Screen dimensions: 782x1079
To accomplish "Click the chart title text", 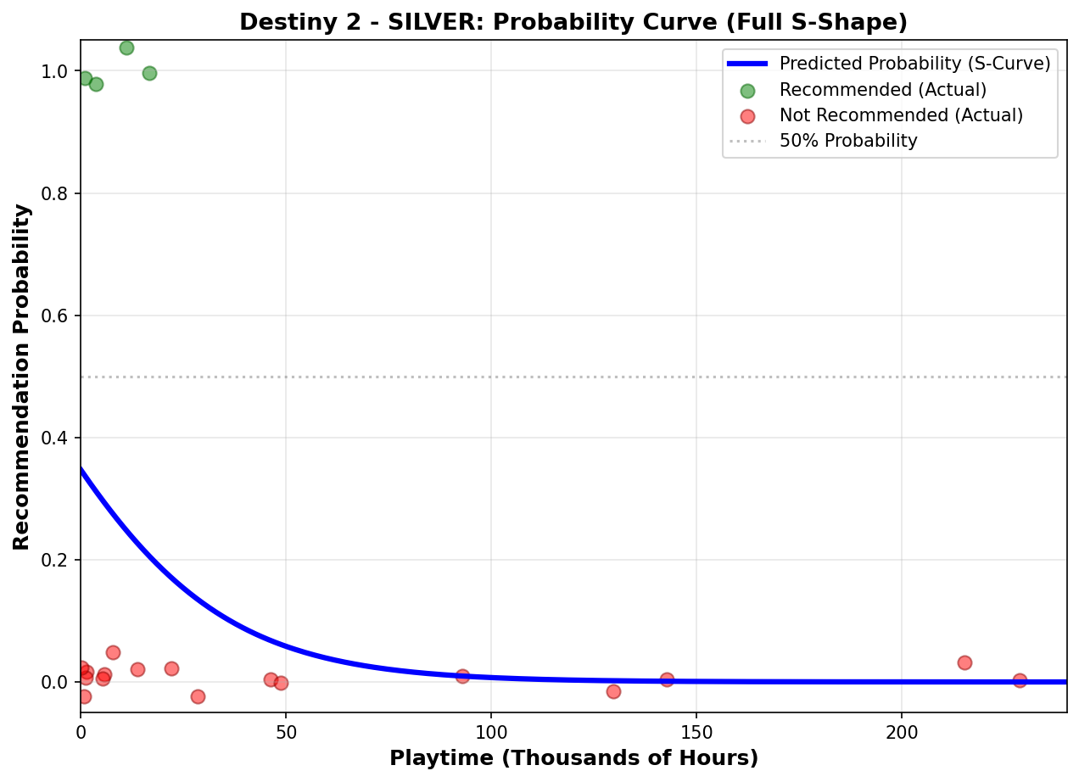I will click(573, 22).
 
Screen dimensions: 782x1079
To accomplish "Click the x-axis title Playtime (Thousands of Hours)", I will click(573, 758).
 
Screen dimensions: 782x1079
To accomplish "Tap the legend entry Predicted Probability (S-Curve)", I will click(914, 64).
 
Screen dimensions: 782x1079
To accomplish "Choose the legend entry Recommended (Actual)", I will click(882, 89).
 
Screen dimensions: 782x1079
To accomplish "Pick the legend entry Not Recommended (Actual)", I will click(901, 115).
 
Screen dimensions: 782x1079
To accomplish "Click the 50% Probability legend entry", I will click(848, 141).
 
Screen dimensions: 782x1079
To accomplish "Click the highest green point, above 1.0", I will click(126, 47).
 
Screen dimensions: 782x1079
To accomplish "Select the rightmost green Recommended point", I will click(149, 73).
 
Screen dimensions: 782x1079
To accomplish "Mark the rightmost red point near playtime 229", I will click(1020, 680).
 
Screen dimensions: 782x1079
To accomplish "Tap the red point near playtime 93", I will click(462, 676).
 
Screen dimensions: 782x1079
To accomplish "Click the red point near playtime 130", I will click(613, 691).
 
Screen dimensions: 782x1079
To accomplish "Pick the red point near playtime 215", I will click(964, 662).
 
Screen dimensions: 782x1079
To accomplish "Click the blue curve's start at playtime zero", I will click(81, 468).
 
